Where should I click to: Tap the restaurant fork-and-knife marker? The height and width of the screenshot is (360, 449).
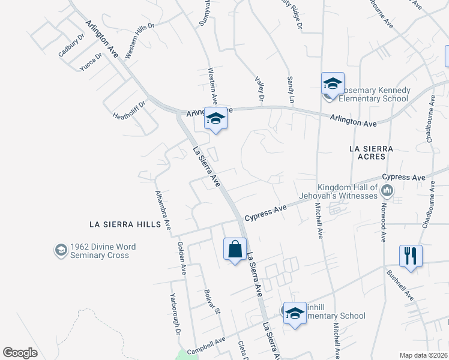411,255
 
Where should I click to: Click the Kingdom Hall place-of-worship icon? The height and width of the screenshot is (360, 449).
387,192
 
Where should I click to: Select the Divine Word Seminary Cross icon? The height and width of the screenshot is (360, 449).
61,250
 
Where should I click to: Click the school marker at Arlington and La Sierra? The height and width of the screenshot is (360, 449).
215,118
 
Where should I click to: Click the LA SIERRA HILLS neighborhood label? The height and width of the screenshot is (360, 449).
125,224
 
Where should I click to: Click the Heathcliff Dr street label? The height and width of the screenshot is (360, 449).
129,109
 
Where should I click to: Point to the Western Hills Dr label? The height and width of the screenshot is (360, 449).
139,41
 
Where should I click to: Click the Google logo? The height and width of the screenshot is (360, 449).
20,353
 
